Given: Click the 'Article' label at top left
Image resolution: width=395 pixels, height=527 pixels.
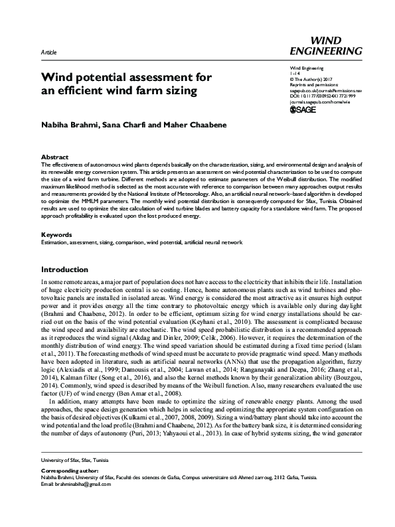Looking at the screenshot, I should pos(48,51).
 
